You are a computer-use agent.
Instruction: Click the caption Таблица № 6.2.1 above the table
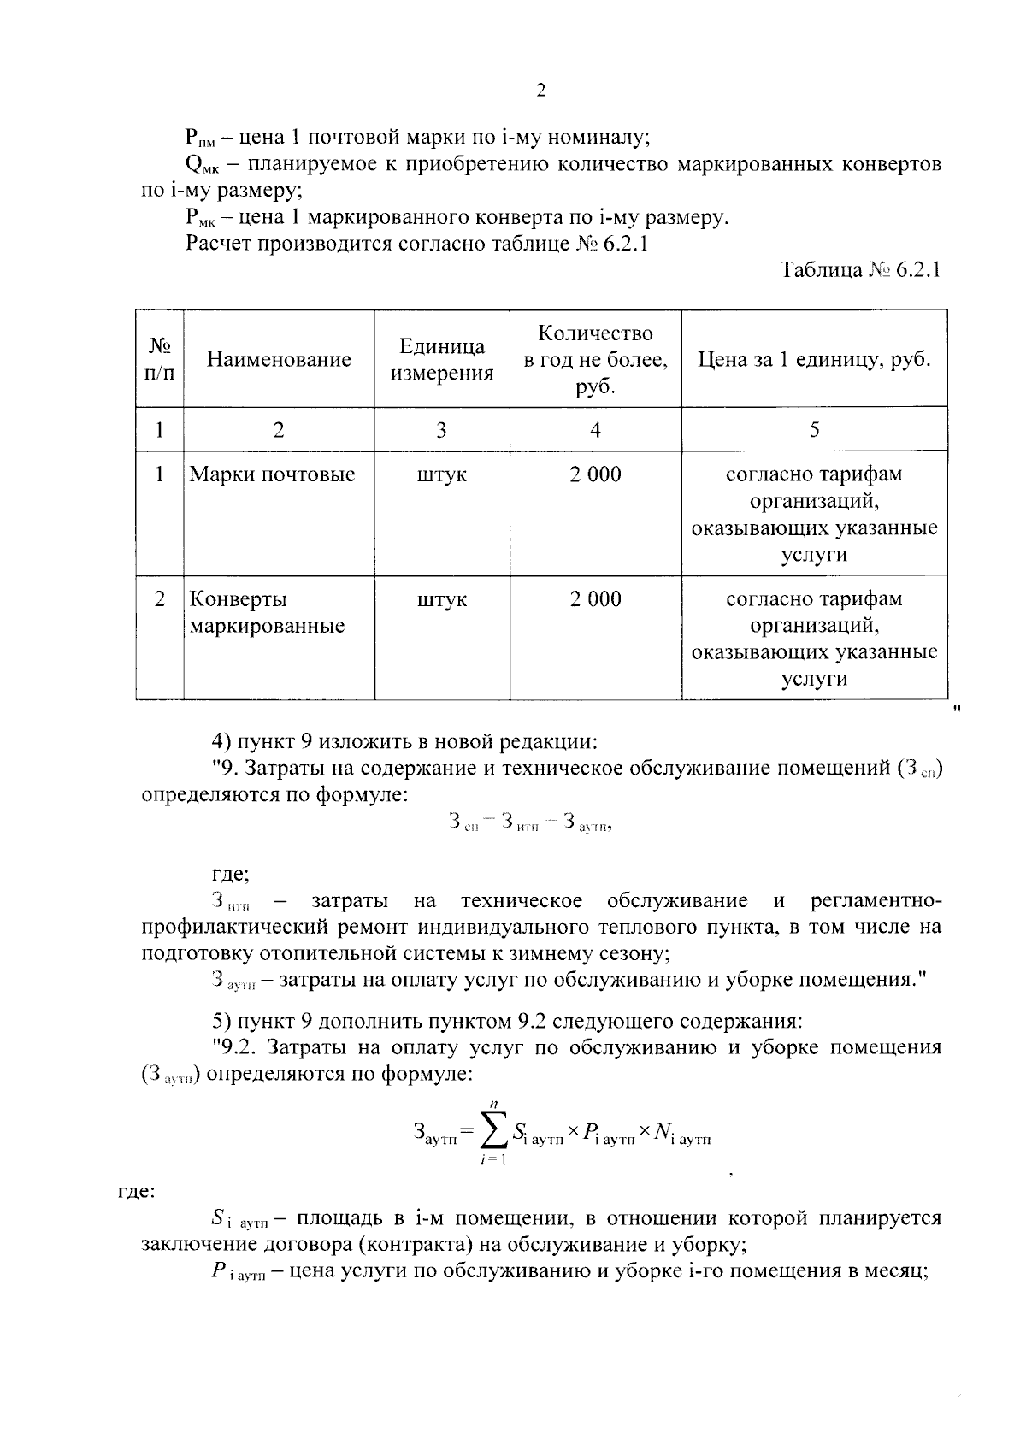860,271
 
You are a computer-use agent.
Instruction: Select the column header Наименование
279,359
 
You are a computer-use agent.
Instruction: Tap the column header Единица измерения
441,359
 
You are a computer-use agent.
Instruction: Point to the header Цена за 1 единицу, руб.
814,359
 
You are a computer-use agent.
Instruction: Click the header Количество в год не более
595,359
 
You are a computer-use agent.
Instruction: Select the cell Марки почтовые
272,474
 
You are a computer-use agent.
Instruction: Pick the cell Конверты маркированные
266,612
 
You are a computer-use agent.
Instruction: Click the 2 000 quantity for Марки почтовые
595,474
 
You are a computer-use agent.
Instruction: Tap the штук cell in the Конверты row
441,599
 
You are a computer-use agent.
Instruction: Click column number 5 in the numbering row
814,429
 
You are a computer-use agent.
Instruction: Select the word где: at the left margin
135,1192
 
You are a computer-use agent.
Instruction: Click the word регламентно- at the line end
876,901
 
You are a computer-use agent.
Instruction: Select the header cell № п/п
160,359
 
